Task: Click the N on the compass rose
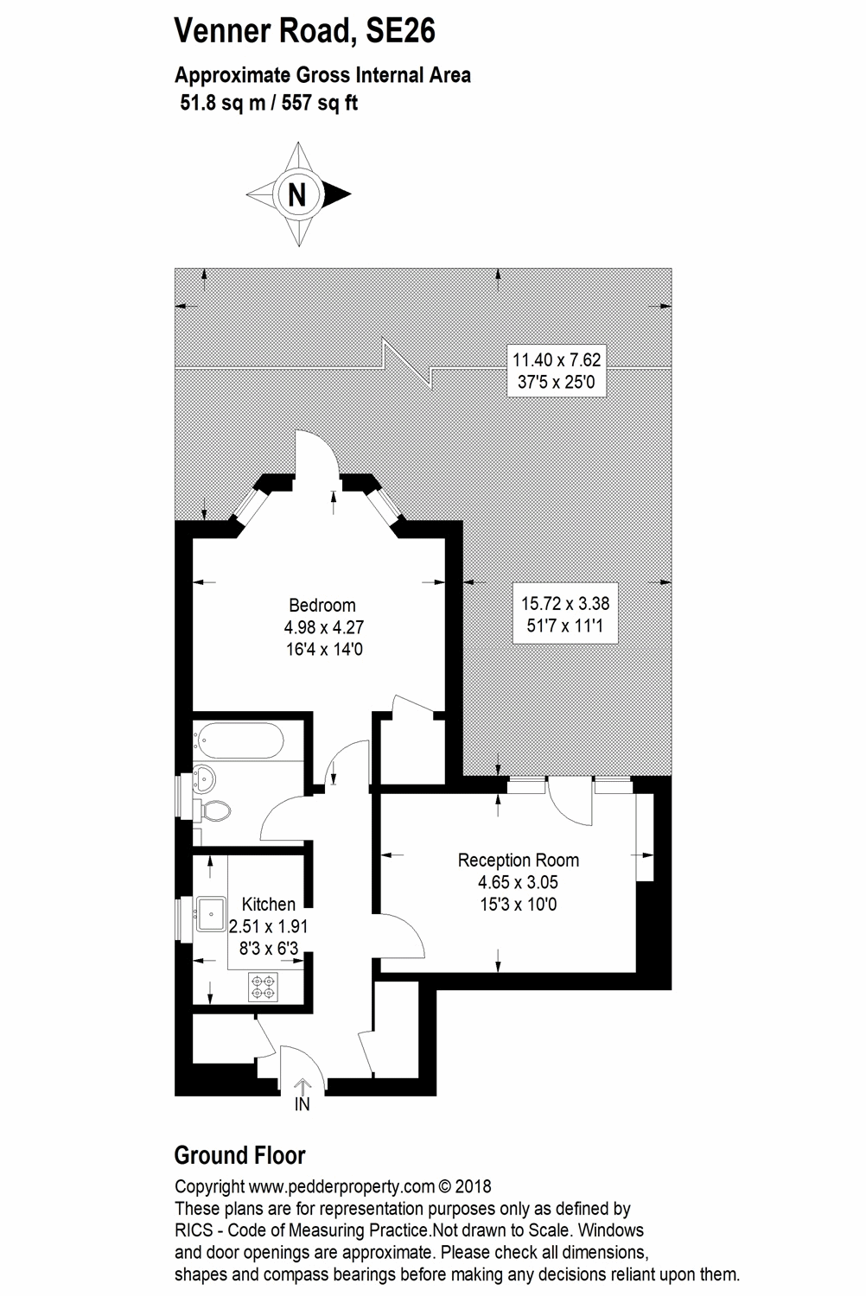297,195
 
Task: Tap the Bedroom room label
322,605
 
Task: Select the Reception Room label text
518,861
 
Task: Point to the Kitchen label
269,904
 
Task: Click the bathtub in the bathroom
238,740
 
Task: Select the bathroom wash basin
203,778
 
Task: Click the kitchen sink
211,914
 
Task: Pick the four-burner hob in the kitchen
263,987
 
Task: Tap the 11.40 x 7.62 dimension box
557,371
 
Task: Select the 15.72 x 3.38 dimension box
565,614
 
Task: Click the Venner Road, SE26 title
304,30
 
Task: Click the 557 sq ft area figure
320,103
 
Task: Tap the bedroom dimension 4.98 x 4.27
323,627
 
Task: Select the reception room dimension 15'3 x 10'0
518,905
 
